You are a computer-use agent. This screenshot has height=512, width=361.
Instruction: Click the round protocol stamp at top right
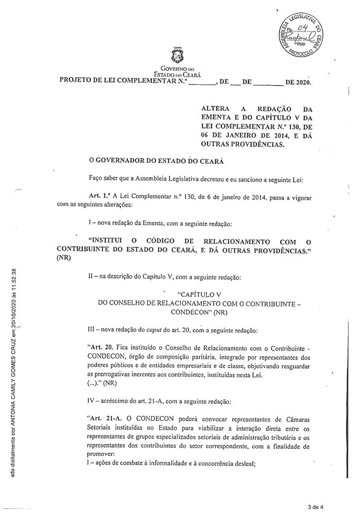pyautogui.click(x=298, y=34)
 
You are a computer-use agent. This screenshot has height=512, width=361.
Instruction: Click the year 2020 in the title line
pyautogui.click(x=303, y=82)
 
